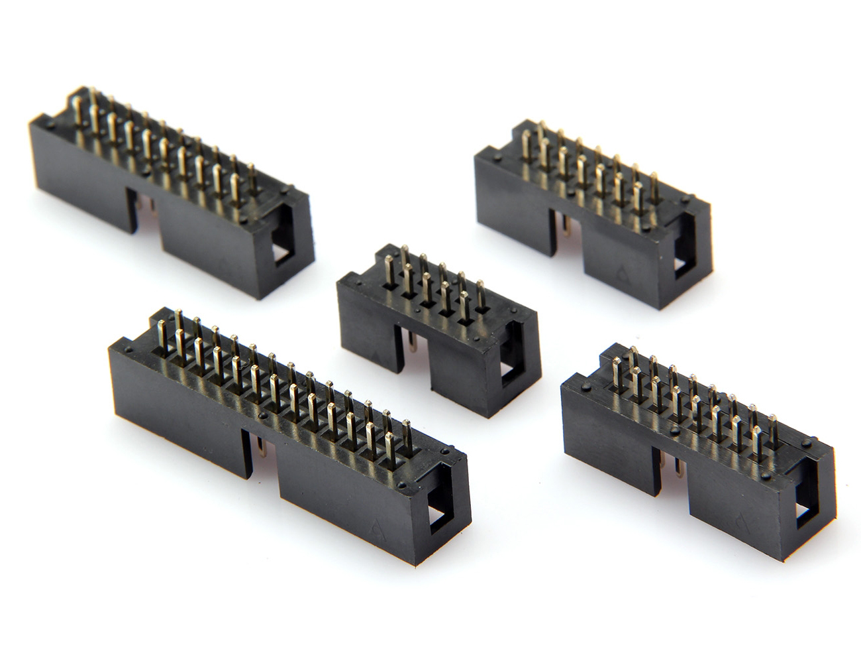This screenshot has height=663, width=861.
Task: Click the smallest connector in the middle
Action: click(x=437, y=331)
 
